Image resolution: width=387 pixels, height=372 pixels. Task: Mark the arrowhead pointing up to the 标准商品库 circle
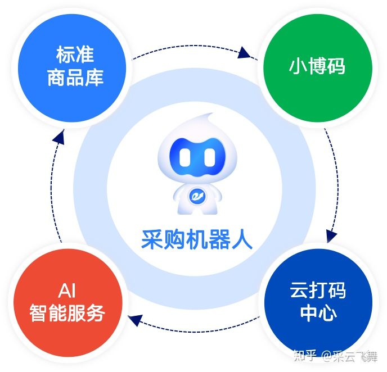point(58,137)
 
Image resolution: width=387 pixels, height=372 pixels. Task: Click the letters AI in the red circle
point(67,291)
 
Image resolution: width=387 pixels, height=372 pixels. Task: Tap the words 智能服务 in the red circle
point(67,313)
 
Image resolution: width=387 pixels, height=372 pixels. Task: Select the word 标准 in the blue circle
point(75,55)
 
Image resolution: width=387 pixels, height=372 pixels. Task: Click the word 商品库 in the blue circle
point(75,77)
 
